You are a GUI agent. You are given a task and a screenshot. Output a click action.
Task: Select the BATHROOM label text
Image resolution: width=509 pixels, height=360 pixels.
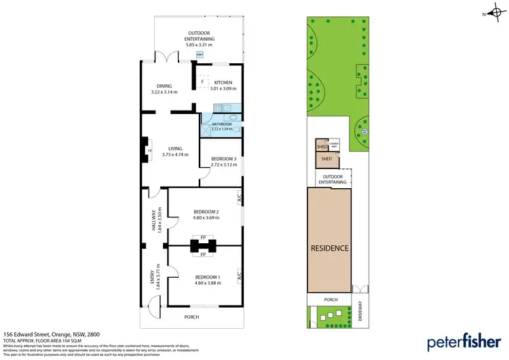pos(222,125)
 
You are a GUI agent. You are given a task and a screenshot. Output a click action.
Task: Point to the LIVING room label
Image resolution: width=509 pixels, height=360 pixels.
pos(175,149)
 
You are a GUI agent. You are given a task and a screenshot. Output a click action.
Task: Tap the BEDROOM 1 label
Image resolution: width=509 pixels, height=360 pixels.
pos(208,277)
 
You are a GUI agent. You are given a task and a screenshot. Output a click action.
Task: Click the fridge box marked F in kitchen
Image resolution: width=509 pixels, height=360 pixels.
pos(202,82)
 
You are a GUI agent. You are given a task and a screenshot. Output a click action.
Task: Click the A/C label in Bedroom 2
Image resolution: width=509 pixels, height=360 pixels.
pos(240,198)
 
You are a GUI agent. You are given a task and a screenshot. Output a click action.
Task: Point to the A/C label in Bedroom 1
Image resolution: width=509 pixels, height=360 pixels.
pos(240,276)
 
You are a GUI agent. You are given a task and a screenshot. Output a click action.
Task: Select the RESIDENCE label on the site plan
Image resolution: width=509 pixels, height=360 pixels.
pos(330,248)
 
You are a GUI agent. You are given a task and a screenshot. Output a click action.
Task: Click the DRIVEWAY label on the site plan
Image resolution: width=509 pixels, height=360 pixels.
pos(360,311)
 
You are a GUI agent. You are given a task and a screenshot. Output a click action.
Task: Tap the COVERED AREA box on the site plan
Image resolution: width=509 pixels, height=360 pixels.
pos(334,145)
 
